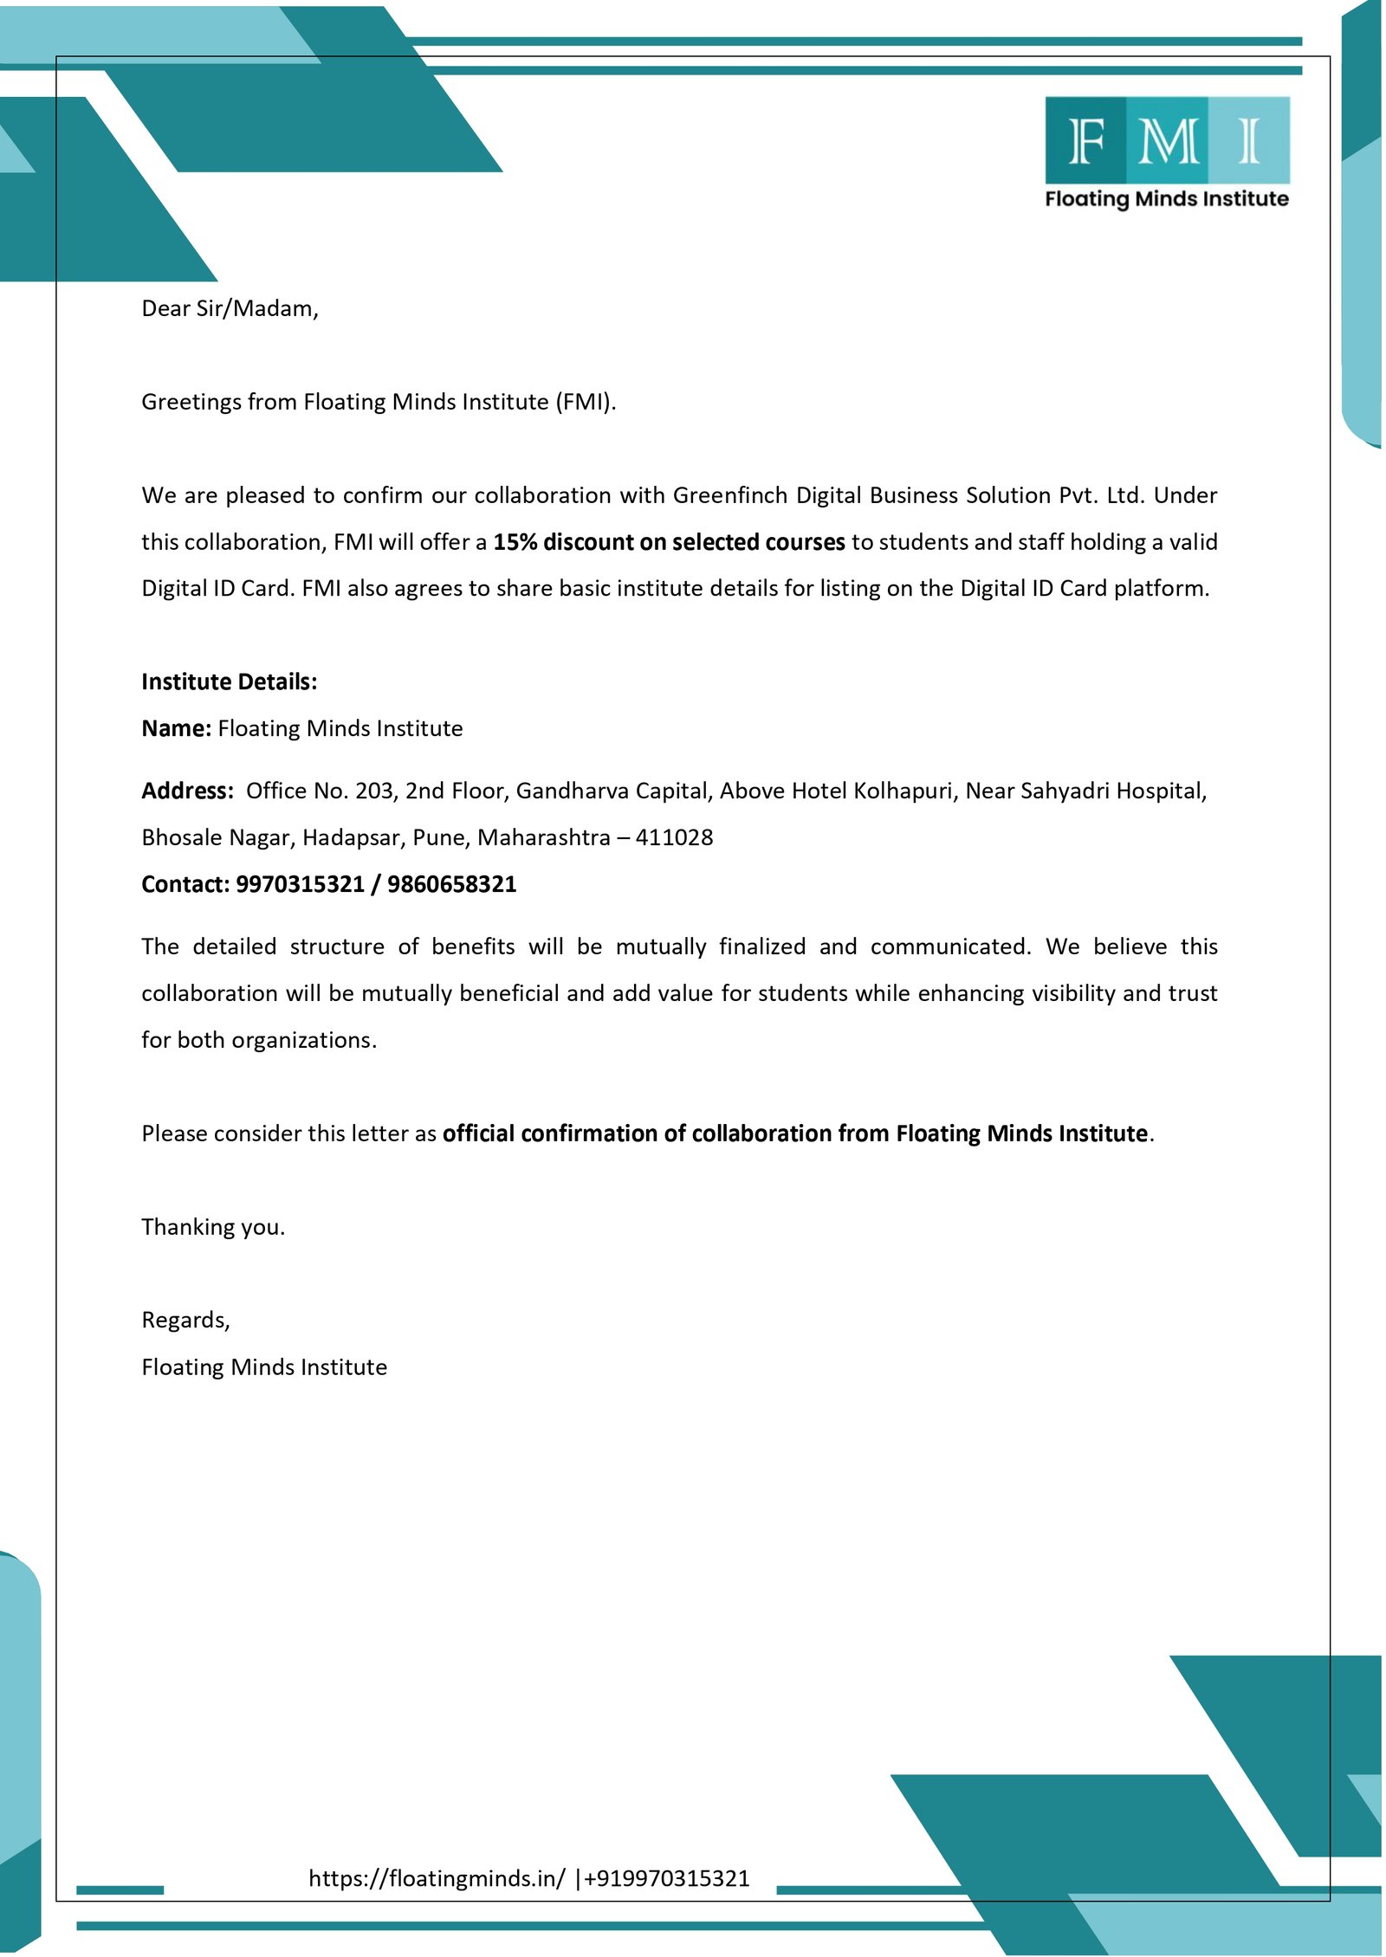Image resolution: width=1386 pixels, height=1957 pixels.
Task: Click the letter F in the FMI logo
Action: click(x=1086, y=140)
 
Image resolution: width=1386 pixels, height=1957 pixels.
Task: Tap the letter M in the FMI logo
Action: click(x=1169, y=140)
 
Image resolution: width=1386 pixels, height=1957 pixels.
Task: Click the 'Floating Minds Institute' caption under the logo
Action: click(x=1166, y=198)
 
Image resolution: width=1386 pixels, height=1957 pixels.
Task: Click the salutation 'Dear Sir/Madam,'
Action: click(x=230, y=308)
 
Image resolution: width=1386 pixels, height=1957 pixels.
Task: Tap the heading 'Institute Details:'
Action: click(x=230, y=681)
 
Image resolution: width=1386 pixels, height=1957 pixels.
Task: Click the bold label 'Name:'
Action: click(x=176, y=728)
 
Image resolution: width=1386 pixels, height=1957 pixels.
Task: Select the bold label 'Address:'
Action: click(x=187, y=791)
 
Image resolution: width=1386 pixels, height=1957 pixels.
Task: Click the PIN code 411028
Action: click(x=674, y=837)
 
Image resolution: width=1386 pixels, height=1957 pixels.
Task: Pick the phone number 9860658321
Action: click(x=451, y=884)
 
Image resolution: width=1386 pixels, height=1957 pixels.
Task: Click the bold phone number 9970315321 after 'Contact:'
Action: click(x=300, y=884)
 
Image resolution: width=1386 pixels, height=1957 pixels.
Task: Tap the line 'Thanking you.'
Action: click(x=213, y=1227)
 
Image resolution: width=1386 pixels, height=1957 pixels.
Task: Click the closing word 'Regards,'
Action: click(x=185, y=1320)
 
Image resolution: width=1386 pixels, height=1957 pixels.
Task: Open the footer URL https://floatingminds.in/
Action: click(x=437, y=1878)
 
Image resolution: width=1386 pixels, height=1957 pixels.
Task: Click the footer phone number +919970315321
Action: click(x=667, y=1878)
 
